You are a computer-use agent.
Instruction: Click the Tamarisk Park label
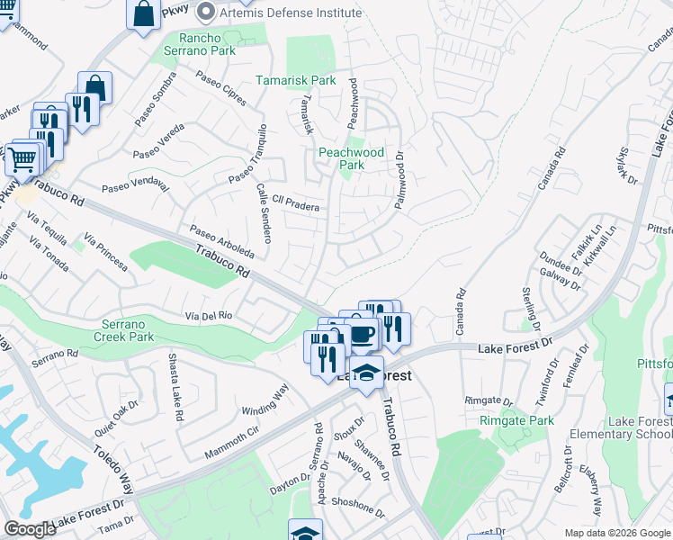296,80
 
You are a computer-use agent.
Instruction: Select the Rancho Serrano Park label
207,44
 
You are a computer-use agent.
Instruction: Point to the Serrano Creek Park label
123,329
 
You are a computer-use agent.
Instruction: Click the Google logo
30,528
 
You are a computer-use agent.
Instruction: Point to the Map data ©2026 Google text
617,533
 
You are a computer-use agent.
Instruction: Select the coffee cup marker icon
362,335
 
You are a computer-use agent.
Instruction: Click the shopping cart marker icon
23,159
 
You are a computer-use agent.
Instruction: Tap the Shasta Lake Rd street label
176,388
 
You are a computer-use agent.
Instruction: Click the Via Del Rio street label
209,316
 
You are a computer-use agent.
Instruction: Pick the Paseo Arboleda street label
221,241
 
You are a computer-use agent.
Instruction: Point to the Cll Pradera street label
289,205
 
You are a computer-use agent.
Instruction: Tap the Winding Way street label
265,400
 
